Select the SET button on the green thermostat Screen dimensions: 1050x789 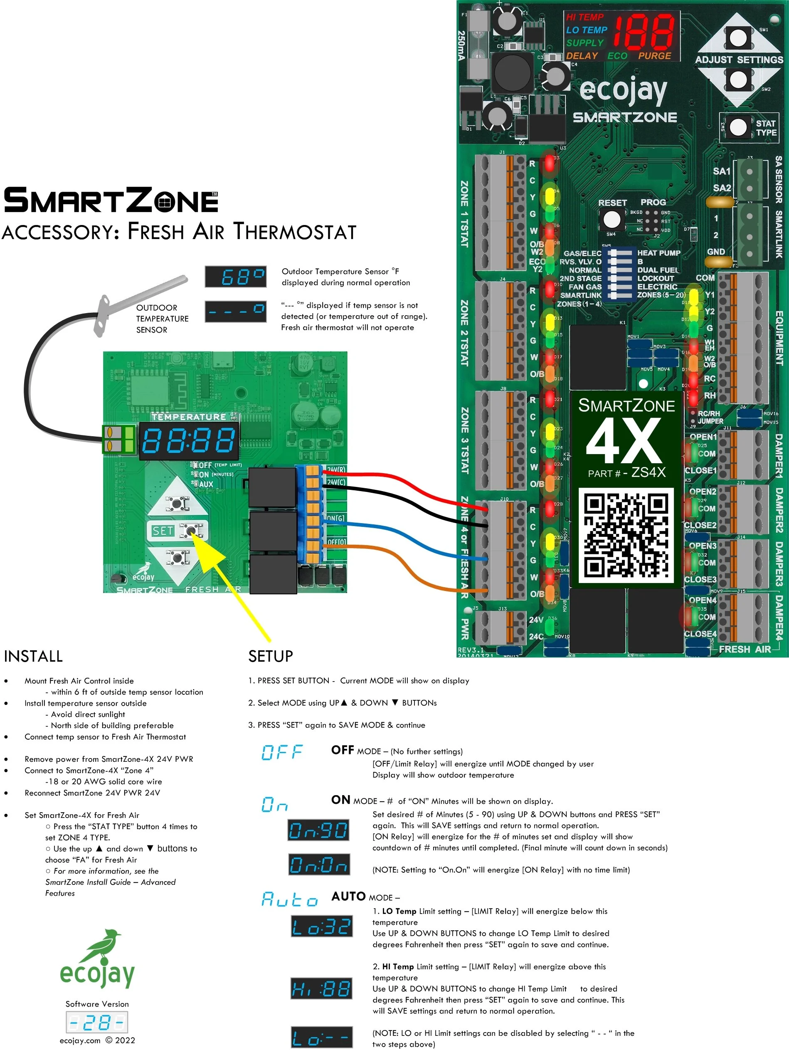coord(191,531)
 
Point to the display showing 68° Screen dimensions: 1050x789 coord(236,276)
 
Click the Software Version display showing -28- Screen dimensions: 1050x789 coord(97,1022)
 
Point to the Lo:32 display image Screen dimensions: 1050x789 coord(321,926)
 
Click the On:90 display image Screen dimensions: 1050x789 coord(318,830)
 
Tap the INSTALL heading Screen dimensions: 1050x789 coord(33,657)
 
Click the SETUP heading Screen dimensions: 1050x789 coord(271,657)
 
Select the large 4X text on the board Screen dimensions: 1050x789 coord(624,442)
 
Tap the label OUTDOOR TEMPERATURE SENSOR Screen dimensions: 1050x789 coord(162,319)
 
